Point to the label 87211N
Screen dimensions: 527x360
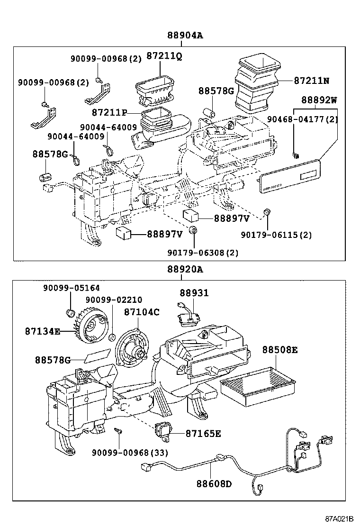[x=311, y=81]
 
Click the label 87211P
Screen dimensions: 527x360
[x=109, y=113]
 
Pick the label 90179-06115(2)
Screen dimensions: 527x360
[x=276, y=235]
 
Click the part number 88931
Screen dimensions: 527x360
[x=194, y=293]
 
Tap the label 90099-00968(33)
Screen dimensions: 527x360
[x=130, y=453]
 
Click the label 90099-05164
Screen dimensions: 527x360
[x=72, y=288]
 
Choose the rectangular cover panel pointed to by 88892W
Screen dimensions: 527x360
[x=289, y=176]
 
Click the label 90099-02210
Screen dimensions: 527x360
[x=114, y=300]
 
